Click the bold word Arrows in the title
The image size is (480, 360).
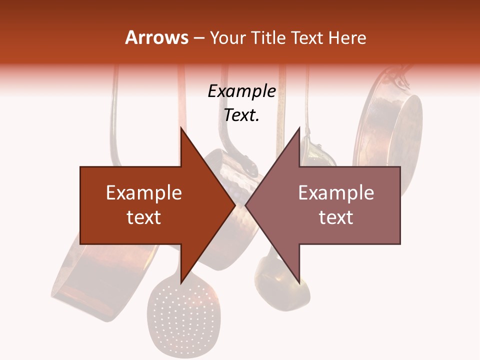click(157, 38)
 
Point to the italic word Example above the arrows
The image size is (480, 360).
click(242, 91)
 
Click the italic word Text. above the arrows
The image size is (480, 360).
click(241, 115)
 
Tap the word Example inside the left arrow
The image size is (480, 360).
click(144, 193)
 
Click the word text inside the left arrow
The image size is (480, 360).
click(144, 217)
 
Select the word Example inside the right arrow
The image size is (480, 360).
click(336, 193)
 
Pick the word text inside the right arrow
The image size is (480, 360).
click(336, 217)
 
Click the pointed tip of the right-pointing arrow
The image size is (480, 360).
click(234, 205)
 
